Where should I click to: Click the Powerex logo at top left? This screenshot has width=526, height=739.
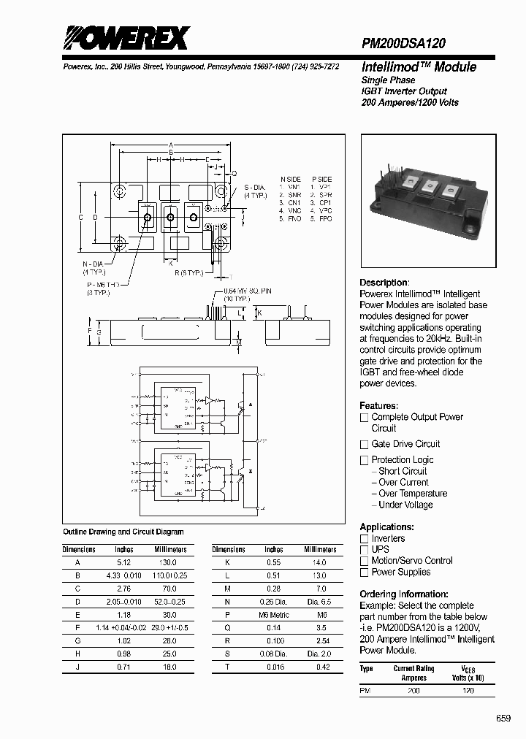pos(126,37)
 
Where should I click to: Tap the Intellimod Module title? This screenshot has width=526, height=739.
pos(419,67)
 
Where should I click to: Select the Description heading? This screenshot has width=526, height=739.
pos(384,283)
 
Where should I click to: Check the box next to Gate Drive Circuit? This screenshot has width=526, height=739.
pos(364,444)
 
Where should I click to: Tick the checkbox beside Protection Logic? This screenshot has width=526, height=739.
pos(364,460)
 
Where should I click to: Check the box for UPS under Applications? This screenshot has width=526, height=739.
pos(364,549)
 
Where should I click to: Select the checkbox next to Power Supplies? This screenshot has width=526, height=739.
pos(364,573)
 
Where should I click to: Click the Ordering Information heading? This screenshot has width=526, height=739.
pos(404,594)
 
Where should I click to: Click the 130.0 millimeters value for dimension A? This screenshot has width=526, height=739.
pos(169,562)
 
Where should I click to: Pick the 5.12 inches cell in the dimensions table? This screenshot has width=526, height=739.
pos(123,562)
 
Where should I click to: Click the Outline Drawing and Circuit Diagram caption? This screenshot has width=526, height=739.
pos(123,532)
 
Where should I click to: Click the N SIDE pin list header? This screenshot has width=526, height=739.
pos(290,179)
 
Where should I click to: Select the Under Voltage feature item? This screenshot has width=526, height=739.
pos(405,505)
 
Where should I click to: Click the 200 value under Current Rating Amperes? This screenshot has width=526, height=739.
pos(413,690)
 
